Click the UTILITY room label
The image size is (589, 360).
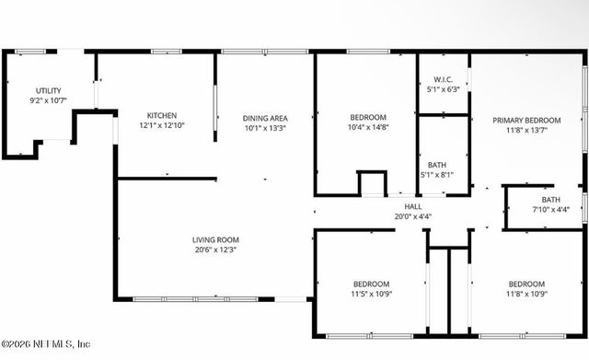coord(49,89)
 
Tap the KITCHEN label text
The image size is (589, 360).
coord(162,114)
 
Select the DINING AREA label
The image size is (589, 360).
coord(265,118)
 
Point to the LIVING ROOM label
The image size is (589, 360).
coord(215,239)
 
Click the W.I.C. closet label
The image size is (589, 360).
coord(442,79)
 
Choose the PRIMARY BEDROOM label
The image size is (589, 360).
coord(525,120)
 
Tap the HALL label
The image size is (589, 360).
coord(413,206)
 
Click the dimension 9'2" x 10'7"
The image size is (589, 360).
coord(49,99)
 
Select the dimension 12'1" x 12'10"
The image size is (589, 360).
coord(162,124)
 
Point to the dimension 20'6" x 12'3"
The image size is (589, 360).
coord(215,250)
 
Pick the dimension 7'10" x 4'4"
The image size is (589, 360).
coord(550,210)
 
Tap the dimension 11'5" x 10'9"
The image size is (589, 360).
coord(371,295)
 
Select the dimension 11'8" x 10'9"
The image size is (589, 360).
coord(526,295)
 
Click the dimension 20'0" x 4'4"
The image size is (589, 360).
coord(413,217)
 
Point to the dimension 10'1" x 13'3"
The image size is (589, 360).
coord(265,128)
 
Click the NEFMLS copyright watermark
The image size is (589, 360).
coord(46,343)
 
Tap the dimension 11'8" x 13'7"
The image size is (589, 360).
coord(525,131)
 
